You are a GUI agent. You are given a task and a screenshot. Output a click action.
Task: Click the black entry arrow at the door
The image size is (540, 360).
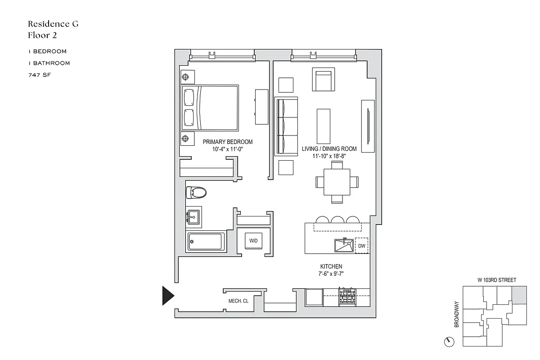click(x=168, y=295)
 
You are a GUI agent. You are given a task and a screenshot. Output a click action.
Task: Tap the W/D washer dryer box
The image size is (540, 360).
click(x=253, y=241)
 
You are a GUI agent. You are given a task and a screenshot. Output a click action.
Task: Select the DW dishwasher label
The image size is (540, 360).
click(x=361, y=246)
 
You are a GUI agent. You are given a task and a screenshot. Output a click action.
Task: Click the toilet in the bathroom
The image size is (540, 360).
click(x=196, y=193)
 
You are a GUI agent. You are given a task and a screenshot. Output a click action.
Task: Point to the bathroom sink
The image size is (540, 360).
click(x=194, y=217)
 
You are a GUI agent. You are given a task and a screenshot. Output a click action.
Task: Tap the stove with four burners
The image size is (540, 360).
click(x=347, y=296)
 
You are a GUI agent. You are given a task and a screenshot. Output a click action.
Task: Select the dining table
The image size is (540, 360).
click(x=337, y=182)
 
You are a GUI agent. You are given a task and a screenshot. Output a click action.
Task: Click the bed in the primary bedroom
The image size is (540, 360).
click(x=210, y=108)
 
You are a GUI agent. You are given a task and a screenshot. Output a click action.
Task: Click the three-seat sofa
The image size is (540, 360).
click(x=286, y=126)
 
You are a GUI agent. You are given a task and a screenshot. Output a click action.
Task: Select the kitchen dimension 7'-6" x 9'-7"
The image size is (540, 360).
click(x=332, y=274)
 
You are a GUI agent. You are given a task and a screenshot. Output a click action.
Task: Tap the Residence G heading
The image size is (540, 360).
click(x=53, y=24)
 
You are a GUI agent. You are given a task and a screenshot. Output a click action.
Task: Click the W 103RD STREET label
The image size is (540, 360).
click(x=496, y=280)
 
